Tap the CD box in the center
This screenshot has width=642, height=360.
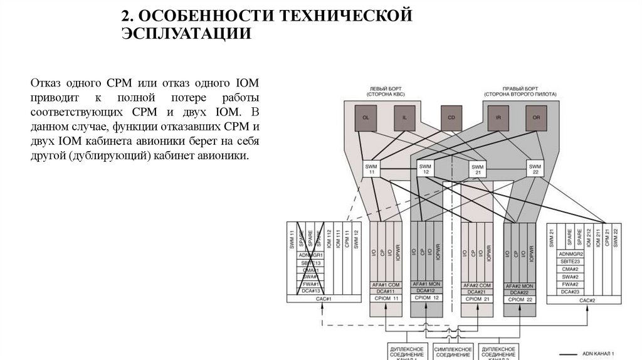451,117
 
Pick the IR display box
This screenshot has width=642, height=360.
497,118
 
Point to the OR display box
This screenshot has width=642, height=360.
537,118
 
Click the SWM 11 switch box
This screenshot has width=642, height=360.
372,169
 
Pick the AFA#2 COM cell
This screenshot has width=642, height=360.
477,285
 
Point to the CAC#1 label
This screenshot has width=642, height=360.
324,300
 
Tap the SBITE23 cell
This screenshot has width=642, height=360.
571,262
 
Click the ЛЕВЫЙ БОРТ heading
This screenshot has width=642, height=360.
385,88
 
